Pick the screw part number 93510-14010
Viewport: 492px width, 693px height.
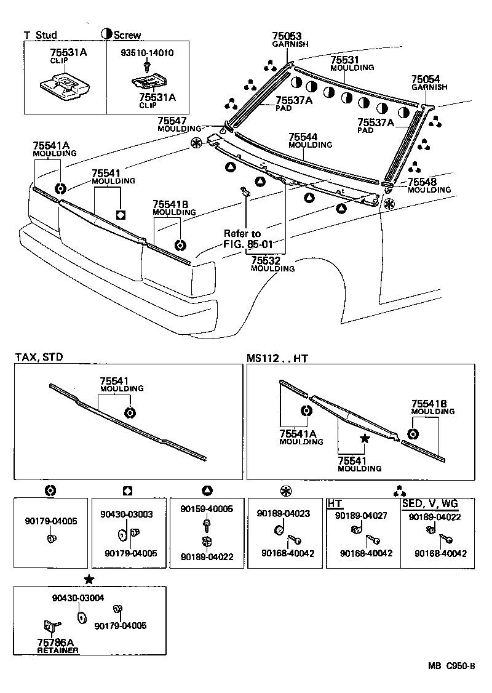(x=147, y=53)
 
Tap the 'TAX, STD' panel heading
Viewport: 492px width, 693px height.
(x=39, y=357)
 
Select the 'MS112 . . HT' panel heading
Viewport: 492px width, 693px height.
(x=277, y=358)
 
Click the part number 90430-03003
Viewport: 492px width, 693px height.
(x=127, y=513)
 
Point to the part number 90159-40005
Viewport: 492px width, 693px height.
(x=207, y=509)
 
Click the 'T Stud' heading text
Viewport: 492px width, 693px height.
(x=41, y=35)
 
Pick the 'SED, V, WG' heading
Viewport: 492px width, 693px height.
(x=430, y=503)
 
